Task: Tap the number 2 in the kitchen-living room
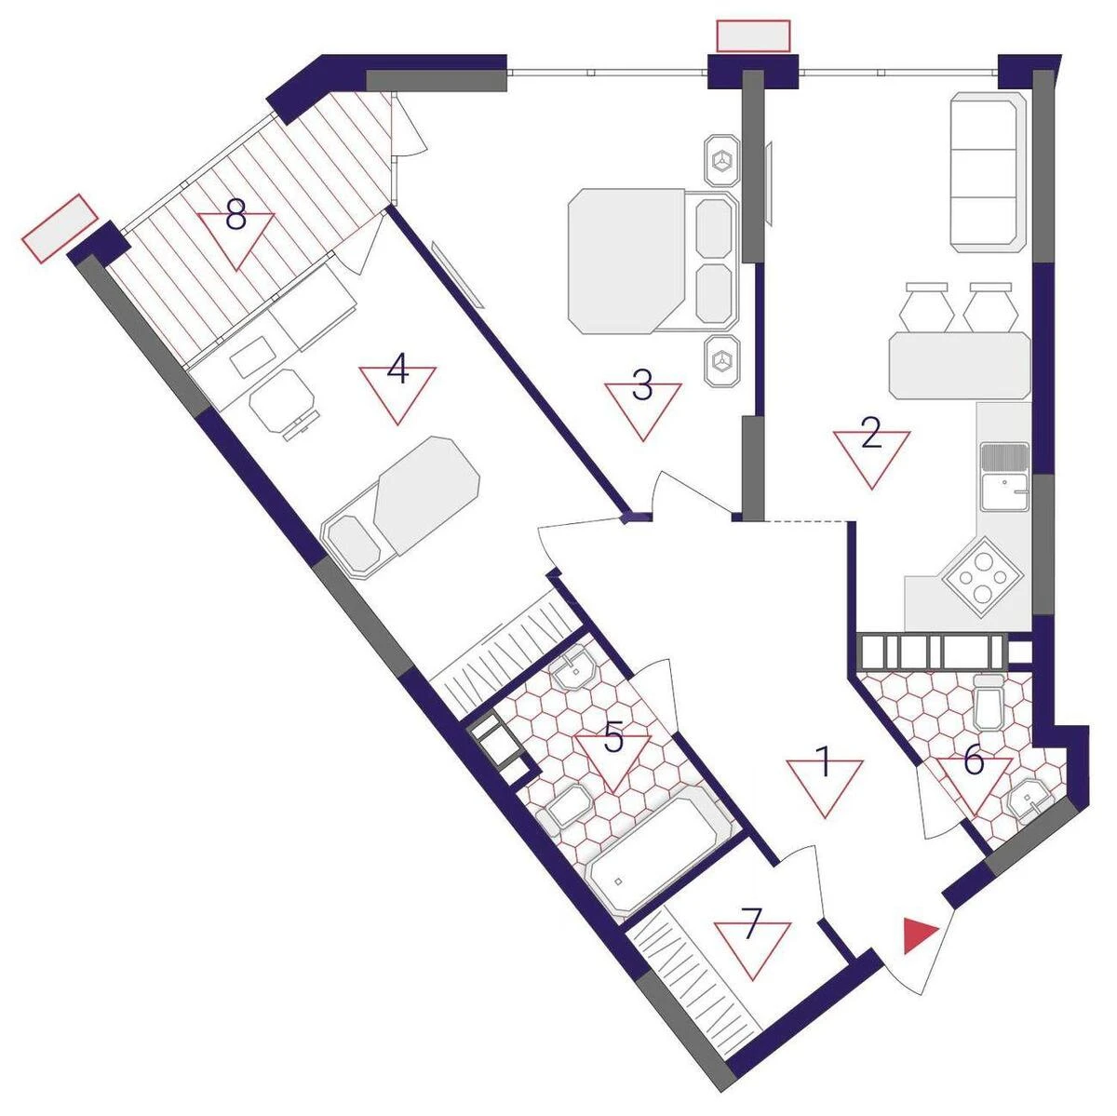pyautogui.click(x=870, y=435)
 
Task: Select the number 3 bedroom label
pyautogui.click(x=642, y=386)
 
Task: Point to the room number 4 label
pyautogui.click(x=398, y=371)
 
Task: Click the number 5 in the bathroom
pyautogui.click(x=613, y=738)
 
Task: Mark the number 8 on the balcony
pyautogui.click(x=236, y=218)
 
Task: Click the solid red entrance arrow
pyautogui.click(x=920, y=934)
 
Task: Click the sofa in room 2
pyautogui.click(x=988, y=172)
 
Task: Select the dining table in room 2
pyautogui.click(x=960, y=366)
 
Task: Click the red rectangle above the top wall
pyautogui.click(x=753, y=35)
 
